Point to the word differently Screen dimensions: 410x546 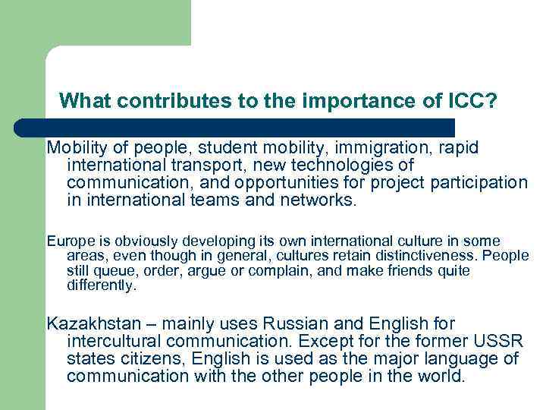click(x=102, y=285)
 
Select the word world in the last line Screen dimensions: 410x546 click(x=439, y=376)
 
